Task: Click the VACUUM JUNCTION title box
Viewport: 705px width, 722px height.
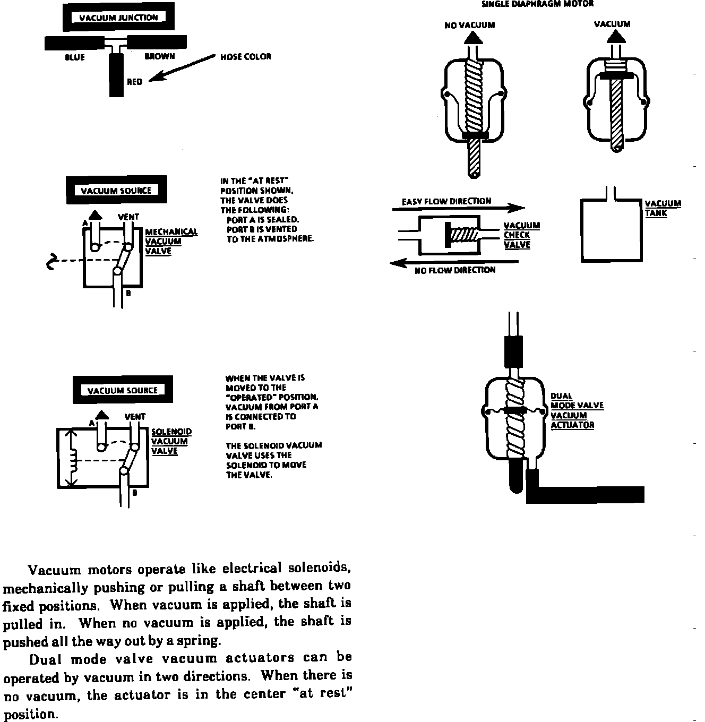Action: pyautogui.click(x=118, y=18)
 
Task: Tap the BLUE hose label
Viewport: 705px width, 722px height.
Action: pyautogui.click(x=74, y=57)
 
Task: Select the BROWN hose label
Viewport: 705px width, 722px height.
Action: pyautogui.click(x=159, y=56)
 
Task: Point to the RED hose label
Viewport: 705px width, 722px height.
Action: pyautogui.click(x=134, y=82)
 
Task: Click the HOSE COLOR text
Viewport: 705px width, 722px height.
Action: pyautogui.click(x=245, y=57)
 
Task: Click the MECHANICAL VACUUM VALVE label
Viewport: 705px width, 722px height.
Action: pyautogui.click(x=171, y=241)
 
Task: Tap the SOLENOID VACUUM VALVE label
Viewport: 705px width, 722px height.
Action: pyautogui.click(x=171, y=441)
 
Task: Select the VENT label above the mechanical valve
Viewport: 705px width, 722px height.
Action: pyautogui.click(x=128, y=217)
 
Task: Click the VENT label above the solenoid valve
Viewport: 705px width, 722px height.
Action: pyautogui.click(x=135, y=417)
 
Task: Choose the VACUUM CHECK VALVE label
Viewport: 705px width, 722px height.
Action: pyautogui.click(x=521, y=235)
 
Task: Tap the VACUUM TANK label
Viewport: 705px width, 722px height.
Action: pyautogui.click(x=663, y=208)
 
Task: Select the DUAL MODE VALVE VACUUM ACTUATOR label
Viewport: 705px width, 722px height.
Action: pyautogui.click(x=577, y=410)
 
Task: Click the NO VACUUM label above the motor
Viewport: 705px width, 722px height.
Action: pyautogui.click(x=469, y=25)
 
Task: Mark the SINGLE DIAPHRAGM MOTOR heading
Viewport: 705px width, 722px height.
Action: pyautogui.click(x=537, y=4)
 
